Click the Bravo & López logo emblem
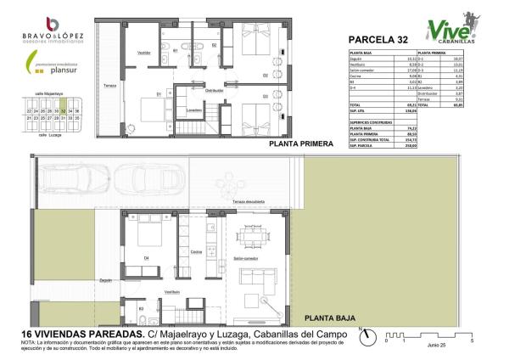coord(53,23)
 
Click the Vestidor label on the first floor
coord(144,53)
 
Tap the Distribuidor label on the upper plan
coord(215,90)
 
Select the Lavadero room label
coord(194,110)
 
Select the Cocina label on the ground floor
coord(196,252)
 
